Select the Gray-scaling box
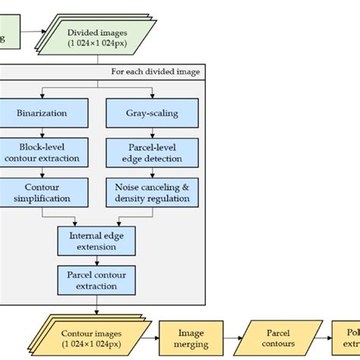coord(152,113)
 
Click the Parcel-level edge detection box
coord(152,153)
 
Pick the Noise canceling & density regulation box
coord(152,192)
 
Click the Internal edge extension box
coord(96,241)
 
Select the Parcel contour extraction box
coord(96,280)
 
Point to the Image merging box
coord(191,338)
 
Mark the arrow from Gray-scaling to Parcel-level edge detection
coord(152,133)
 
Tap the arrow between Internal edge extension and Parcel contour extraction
coord(96,261)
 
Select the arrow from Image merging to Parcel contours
coord(231,338)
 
